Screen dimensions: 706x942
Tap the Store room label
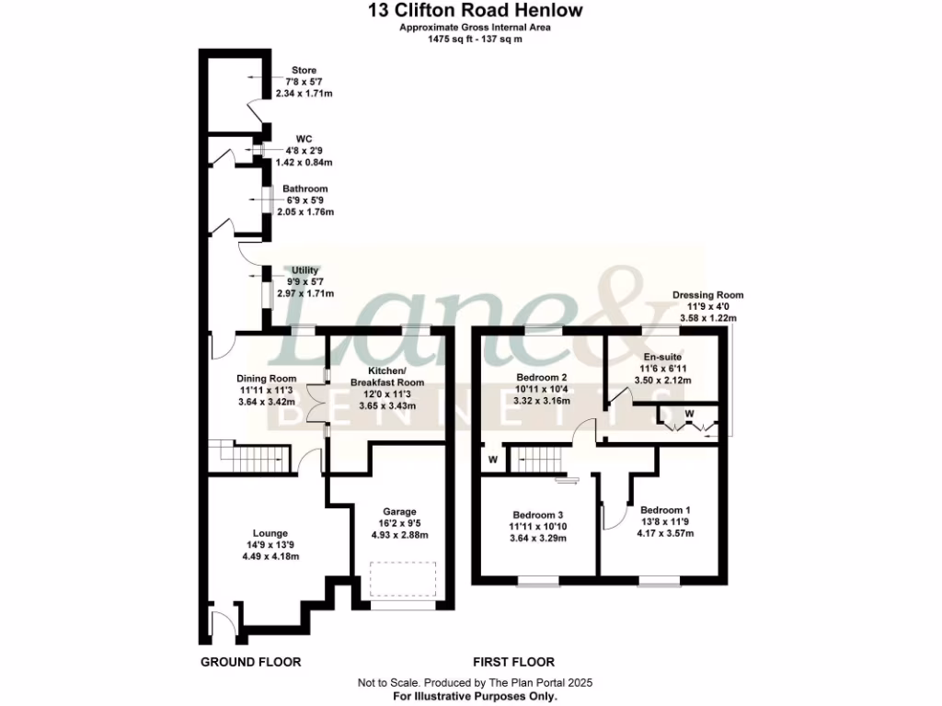coord(304,70)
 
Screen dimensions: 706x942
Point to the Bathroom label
coord(304,188)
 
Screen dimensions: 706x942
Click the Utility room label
coord(304,270)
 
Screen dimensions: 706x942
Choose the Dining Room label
coord(266,378)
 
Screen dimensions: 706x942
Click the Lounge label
coord(270,533)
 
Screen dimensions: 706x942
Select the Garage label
coord(400,512)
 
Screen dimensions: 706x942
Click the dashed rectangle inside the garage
coord(401,580)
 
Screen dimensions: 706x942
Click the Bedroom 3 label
coord(539,515)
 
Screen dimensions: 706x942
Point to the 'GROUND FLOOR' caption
coord(250,662)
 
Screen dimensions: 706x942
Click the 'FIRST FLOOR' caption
coord(513,662)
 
